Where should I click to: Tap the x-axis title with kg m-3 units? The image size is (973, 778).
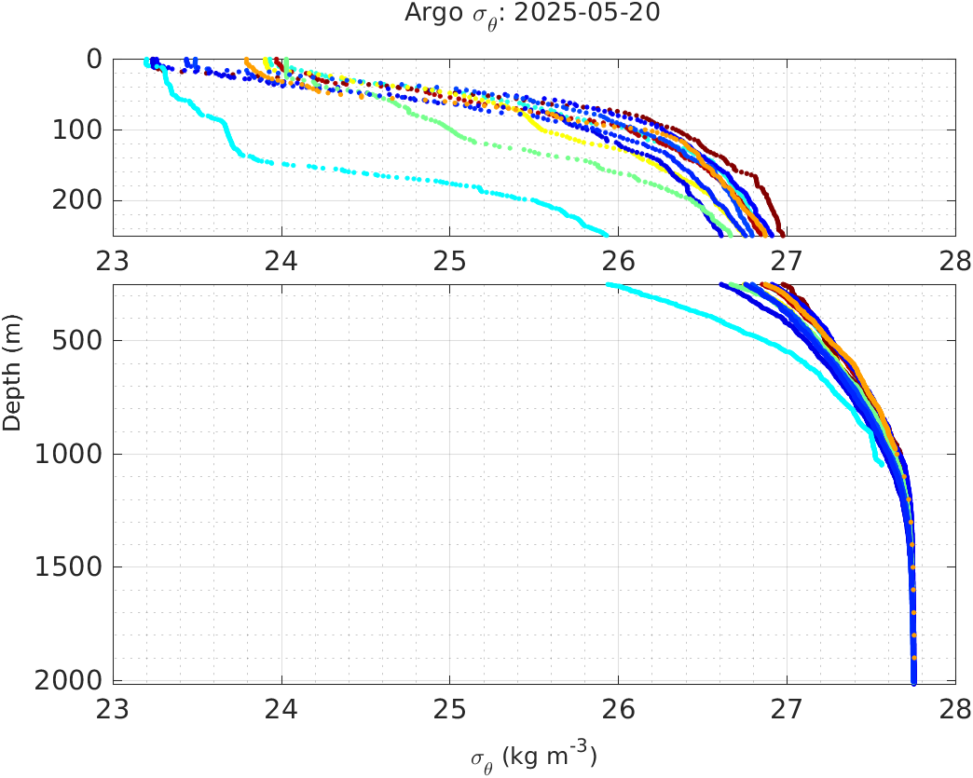(533, 757)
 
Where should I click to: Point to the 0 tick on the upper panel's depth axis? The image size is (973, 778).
(93, 59)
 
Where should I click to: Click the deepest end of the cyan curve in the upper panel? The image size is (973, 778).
(606, 234)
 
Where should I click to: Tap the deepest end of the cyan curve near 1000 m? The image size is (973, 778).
(882, 463)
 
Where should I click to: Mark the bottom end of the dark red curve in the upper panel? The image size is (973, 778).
(782, 234)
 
